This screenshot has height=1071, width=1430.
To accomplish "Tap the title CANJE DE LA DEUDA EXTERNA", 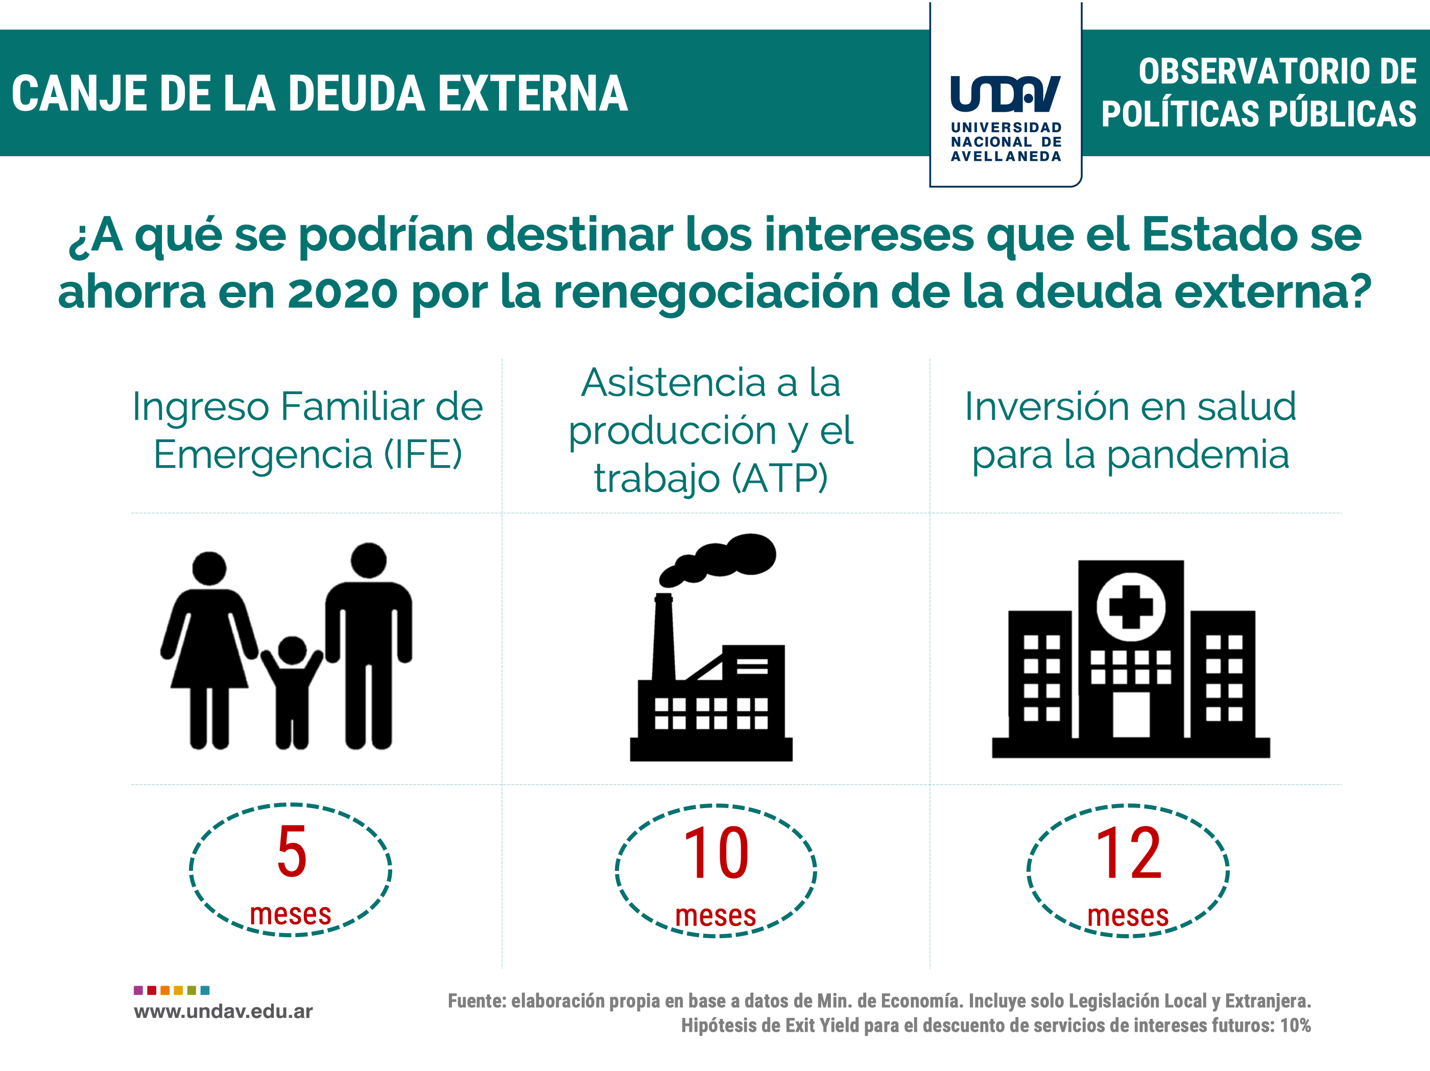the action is click(319, 94).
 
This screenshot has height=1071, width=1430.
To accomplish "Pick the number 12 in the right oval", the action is click(1128, 853).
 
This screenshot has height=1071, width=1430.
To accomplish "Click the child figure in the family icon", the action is click(292, 692).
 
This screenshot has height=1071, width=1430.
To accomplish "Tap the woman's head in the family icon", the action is click(209, 569).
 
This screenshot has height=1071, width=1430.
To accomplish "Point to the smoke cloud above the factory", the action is click(718, 559).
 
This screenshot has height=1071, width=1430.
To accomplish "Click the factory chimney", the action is click(664, 637).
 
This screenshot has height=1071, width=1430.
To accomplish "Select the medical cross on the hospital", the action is click(1131, 607).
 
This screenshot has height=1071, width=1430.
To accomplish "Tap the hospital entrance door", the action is click(1131, 714).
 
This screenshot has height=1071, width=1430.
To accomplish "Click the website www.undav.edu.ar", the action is click(223, 1012).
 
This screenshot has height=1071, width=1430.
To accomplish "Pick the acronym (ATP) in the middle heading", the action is click(780, 478).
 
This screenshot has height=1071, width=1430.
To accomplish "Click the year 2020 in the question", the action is click(342, 292).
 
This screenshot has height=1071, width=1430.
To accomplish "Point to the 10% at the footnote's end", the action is click(1296, 1025).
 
